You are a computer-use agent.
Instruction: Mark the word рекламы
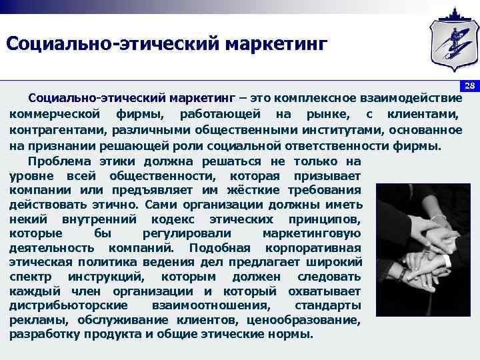point(31,320)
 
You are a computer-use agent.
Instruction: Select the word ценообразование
point(313,320)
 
